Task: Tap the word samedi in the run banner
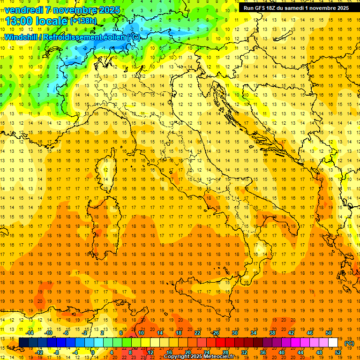(x=294, y=8)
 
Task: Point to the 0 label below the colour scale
(x=93, y=352)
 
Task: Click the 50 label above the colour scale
(x=329, y=333)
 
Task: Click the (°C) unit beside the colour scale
(x=349, y=343)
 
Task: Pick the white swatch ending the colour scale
(x=333, y=343)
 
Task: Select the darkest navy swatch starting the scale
(x=23, y=343)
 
